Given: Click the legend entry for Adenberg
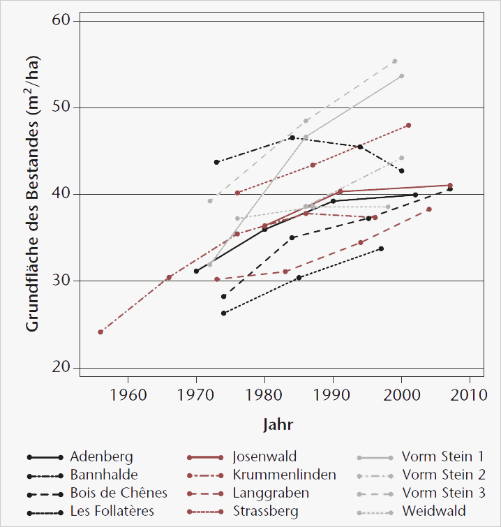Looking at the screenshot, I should point(101,457).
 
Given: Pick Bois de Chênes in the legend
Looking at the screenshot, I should point(119,493).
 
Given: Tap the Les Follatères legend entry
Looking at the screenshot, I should point(112,511).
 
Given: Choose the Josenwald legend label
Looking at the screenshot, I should point(264,457).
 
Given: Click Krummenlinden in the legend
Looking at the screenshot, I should point(284,475).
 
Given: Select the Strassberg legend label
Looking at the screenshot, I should point(266,511).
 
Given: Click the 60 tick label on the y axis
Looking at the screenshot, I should point(63,21).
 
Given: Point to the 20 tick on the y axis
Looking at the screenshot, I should point(63,367).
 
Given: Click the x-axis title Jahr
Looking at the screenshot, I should point(278,424).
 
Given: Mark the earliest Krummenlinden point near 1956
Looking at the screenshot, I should point(100,332).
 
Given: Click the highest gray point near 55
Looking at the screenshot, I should point(394,61).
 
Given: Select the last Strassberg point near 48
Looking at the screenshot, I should point(408,126).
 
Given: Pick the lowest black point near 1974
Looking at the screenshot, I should point(223,313).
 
